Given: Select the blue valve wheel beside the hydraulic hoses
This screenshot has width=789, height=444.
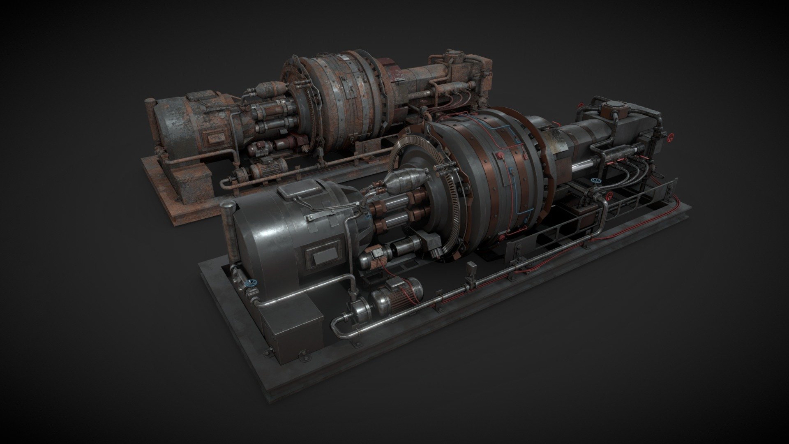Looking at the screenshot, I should [x=594, y=181].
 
